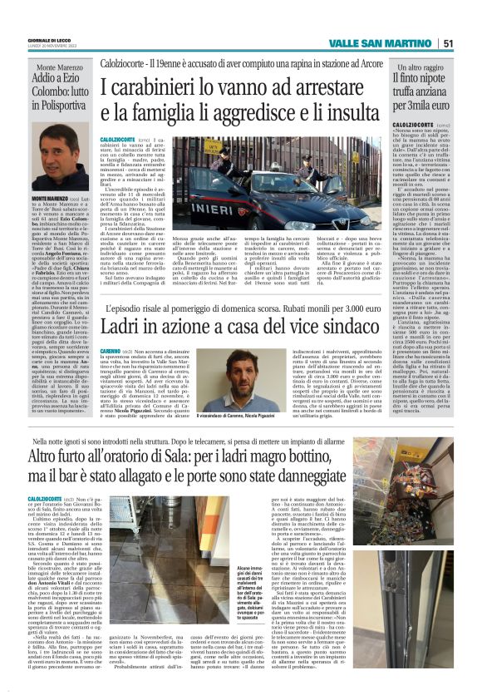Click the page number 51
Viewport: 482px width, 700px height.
[448, 43]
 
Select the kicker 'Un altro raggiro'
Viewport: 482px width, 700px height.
[421, 66]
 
